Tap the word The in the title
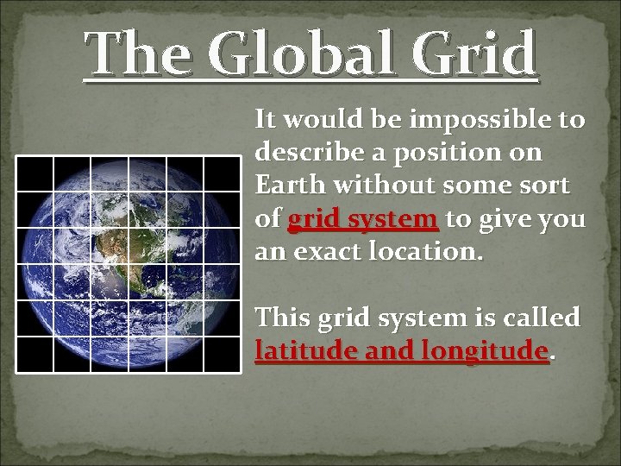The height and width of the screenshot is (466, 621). [141, 54]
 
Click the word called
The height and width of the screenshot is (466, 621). [540, 318]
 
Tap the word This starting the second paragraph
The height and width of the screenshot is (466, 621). [283, 318]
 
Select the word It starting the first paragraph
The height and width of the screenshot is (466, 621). [266, 119]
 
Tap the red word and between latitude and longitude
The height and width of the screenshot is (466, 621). [389, 351]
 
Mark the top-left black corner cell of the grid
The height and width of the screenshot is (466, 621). [34, 173]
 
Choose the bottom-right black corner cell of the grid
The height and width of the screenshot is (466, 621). [222, 354]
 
